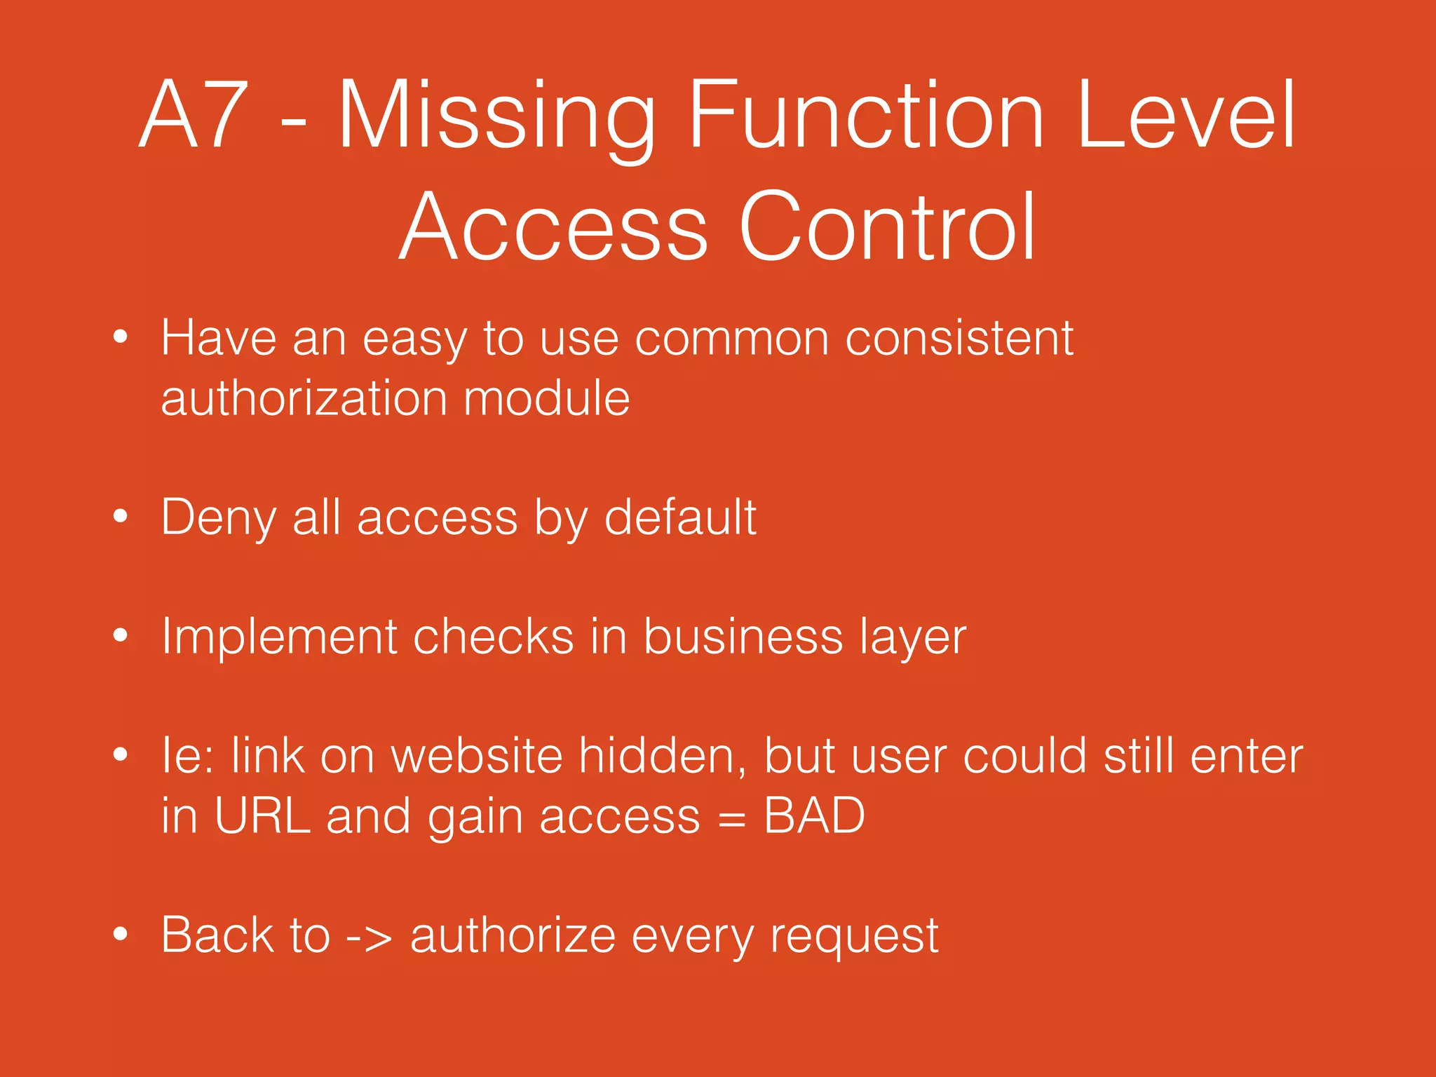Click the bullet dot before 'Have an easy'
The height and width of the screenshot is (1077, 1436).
pos(121,337)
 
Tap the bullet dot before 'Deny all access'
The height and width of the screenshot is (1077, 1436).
pos(121,517)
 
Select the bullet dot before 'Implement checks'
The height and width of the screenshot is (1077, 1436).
pos(121,636)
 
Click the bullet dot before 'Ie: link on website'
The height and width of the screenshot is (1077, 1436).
pos(121,755)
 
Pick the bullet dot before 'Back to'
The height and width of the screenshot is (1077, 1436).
pos(121,935)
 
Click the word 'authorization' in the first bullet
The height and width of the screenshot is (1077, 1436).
pos(304,398)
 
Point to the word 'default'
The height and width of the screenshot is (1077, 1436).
pos(680,517)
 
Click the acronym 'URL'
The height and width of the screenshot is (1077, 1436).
pos(262,816)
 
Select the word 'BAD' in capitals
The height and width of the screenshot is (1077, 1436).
pos(814,816)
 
